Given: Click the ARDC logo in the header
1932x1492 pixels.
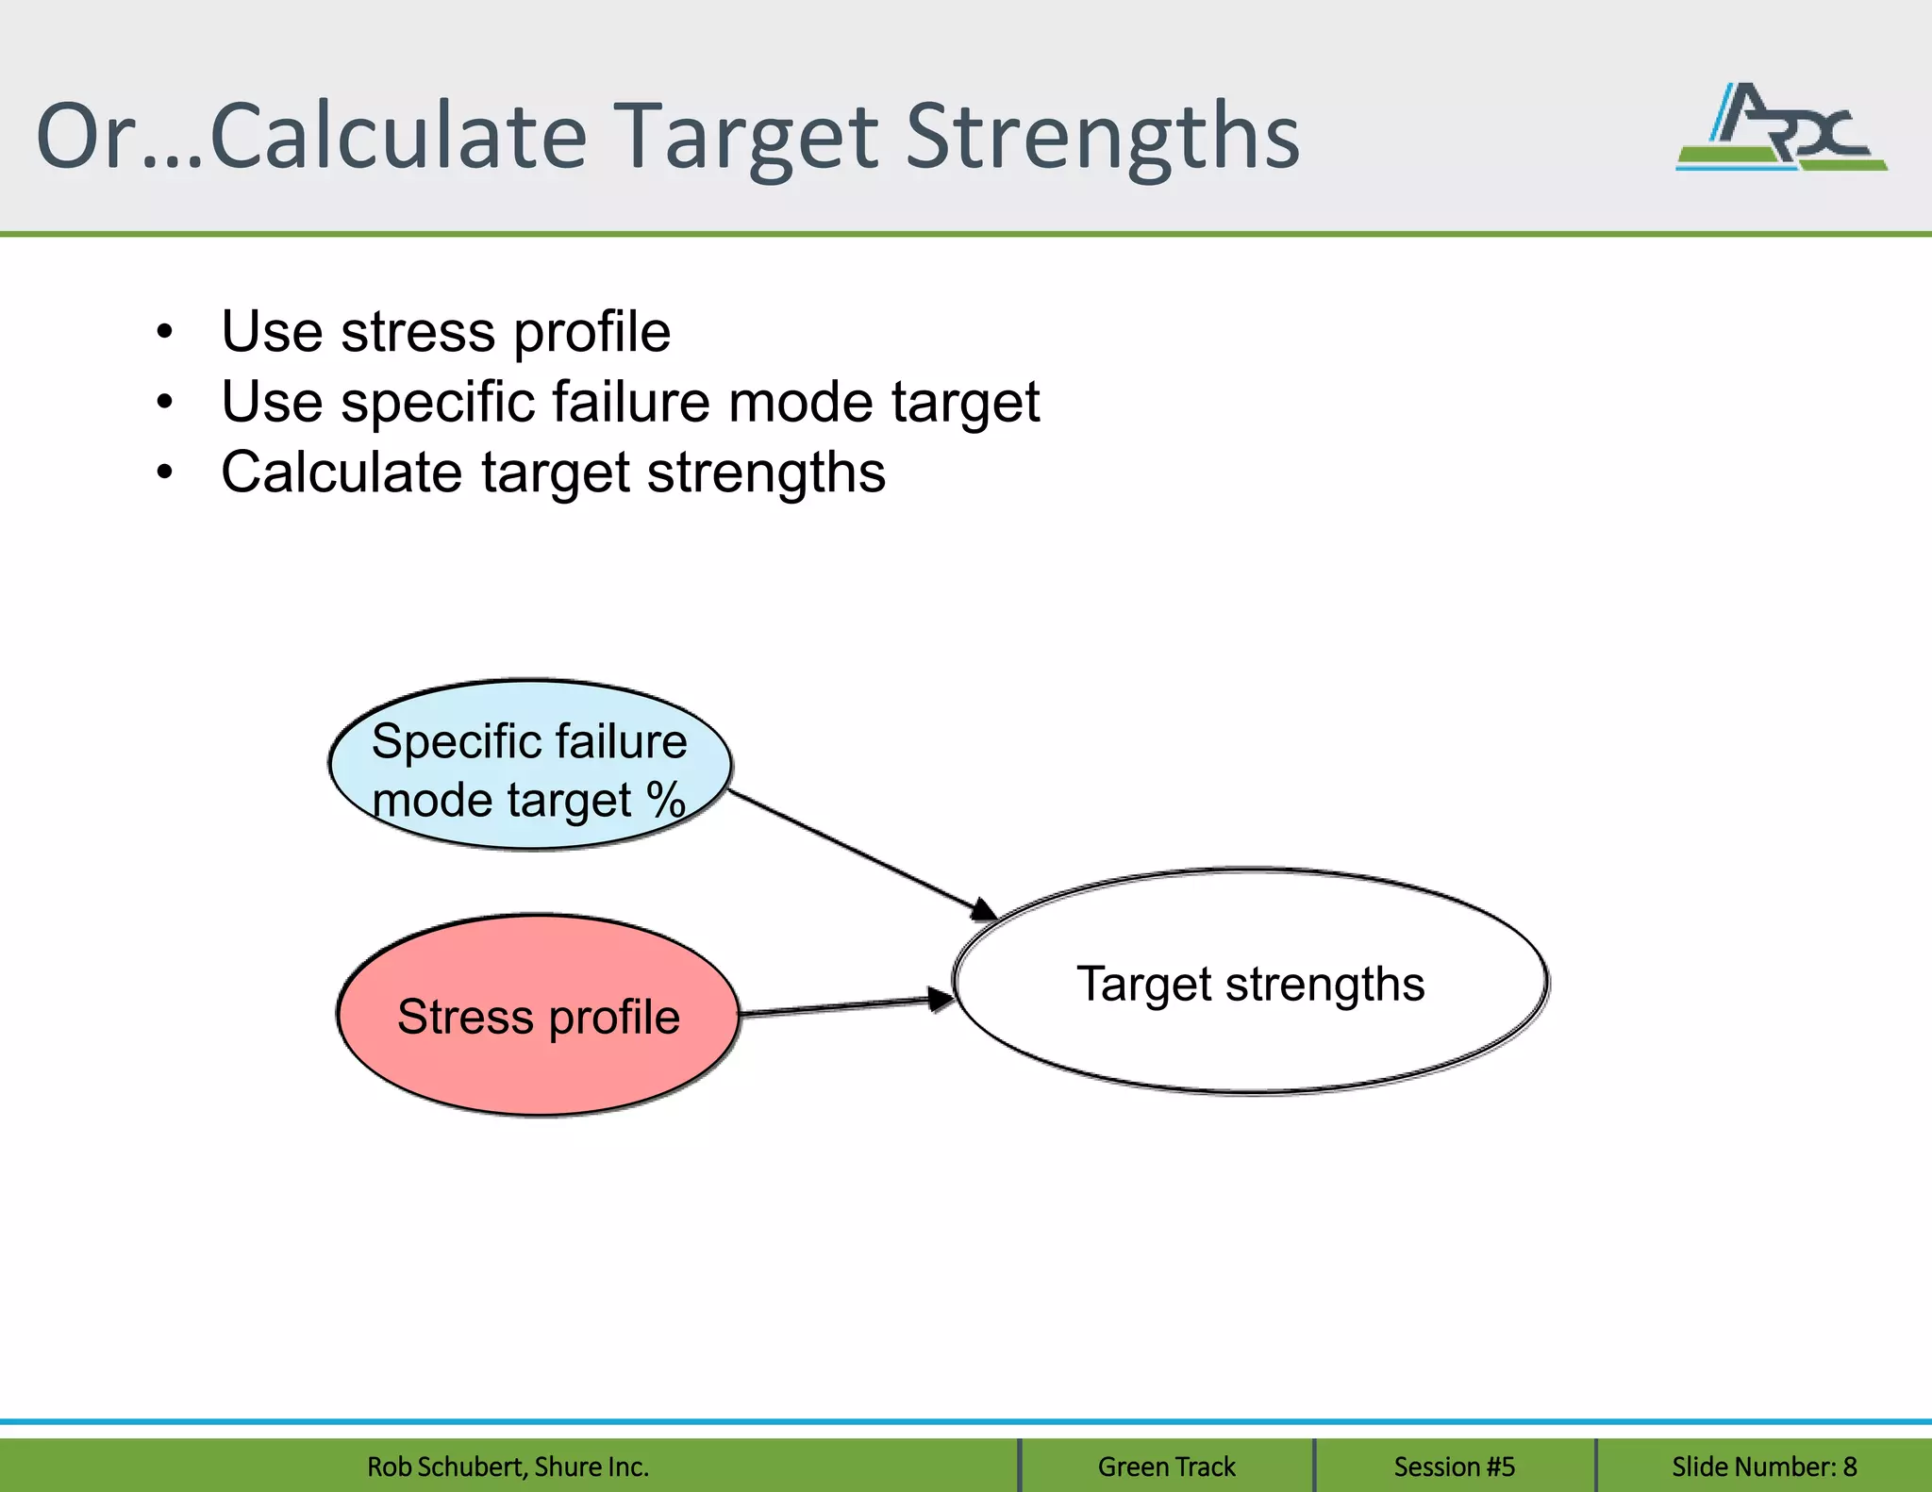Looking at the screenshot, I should [x=1781, y=127].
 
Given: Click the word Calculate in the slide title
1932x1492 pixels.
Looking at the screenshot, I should [x=398, y=137].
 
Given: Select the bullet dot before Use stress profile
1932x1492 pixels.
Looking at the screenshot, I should [x=165, y=332].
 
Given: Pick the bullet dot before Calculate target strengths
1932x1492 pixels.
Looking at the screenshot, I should [x=165, y=472].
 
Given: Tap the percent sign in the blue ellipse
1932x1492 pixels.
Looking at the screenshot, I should [x=665, y=801].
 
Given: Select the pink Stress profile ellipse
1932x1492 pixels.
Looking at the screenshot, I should [x=538, y=1016].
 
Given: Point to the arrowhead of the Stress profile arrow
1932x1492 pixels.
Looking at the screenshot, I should [x=941, y=999].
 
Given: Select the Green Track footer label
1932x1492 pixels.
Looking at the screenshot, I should [x=1166, y=1467].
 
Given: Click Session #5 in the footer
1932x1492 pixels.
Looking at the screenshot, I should [x=1454, y=1467].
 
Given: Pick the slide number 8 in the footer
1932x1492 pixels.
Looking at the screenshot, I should [x=1849, y=1467].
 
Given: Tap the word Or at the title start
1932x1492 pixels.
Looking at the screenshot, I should [x=85, y=137].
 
